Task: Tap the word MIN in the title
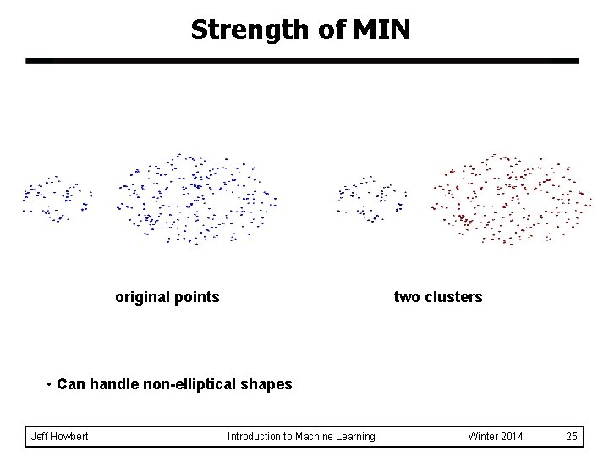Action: point(380,30)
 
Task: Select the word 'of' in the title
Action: point(332,30)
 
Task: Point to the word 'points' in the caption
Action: point(195,297)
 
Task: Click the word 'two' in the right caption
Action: point(407,297)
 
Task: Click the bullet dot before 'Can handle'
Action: point(51,384)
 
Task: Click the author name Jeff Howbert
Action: point(60,437)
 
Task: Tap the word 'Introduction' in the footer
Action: point(255,437)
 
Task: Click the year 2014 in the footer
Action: point(510,437)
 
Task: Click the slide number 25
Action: point(572,437)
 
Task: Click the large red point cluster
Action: point(507,200)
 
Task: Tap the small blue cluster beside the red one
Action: point(372,200)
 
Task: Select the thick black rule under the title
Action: point(302,61)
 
